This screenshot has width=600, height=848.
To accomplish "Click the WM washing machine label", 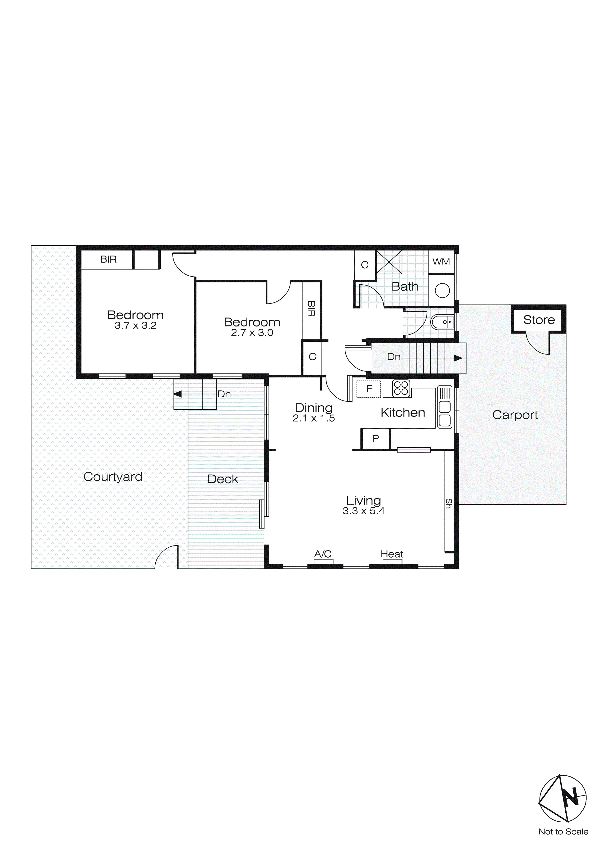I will tap(441, 262).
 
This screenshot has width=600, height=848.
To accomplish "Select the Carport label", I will tap(515, 415).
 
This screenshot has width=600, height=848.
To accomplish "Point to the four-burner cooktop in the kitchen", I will tap(401, 388).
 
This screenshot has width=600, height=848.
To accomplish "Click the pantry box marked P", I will tap(375, 439).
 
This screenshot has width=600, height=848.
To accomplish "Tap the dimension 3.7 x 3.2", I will tap(136, 326).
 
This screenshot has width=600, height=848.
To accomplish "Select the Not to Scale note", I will tap(563, 832).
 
